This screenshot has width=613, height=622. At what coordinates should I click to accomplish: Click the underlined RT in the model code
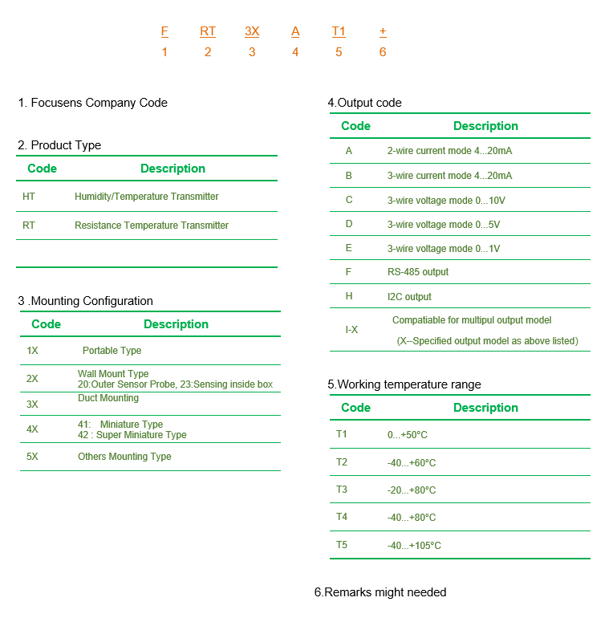(x=208, y=31)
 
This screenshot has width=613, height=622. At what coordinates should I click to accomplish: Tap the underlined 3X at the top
(x=252, y=31)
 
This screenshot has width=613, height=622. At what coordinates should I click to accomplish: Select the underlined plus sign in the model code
(x=383, y=31)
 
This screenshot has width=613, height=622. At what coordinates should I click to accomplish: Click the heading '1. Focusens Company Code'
(x=93, y=103)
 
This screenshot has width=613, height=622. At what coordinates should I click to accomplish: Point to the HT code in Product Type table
(x=29, y=197)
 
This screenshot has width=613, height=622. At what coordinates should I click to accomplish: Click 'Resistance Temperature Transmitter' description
(x=152, y=226)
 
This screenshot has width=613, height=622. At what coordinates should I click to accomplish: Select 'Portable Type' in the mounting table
(x=112, y=351)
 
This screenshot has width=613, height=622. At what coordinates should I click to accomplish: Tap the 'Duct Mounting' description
(x=108, y=398)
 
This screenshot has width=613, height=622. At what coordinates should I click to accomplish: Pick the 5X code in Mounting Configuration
(x=32, y=457)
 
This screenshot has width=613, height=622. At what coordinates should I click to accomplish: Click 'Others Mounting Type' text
(x=124, y=457)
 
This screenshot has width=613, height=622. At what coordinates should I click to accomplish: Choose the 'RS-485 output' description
(x=418, y=272)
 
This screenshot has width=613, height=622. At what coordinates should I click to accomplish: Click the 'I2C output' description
(x=409, y=297)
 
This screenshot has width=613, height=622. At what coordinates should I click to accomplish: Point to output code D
(x=349, y=224)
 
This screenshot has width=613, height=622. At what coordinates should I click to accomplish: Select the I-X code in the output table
(x=351, y=330)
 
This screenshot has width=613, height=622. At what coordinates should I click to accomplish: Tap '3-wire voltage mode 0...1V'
(x=444, y=249)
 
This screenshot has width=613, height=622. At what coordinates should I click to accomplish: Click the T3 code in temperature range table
(x=342, y=490)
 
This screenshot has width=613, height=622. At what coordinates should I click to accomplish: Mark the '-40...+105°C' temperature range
(x=414, y=546)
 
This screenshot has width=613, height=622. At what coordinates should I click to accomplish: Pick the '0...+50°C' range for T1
(x=408, y=435)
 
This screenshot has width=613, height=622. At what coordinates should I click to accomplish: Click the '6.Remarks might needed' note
(x=380, y=592)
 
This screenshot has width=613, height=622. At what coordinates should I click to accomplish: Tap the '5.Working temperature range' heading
(x=404, y=384)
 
